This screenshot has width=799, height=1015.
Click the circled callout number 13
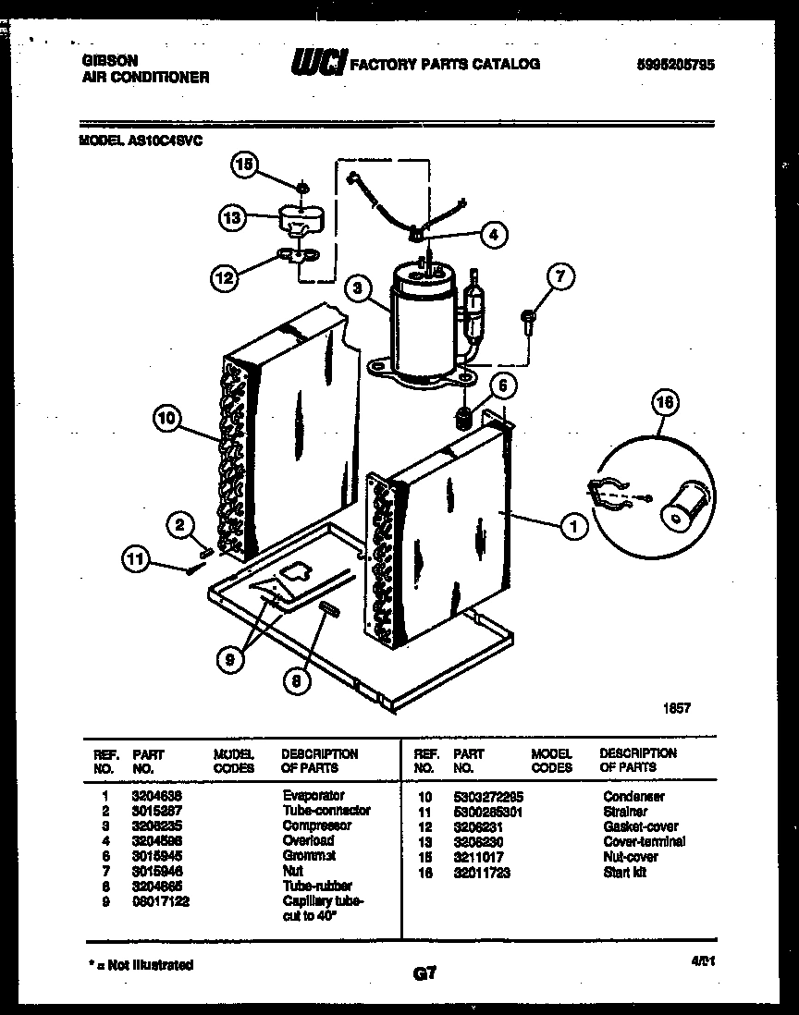coord(232,218)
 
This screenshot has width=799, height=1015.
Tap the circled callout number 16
coord(665,403)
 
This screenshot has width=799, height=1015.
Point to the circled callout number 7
coord(560,275)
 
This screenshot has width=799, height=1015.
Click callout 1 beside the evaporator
coord(573,527)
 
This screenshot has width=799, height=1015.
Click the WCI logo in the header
coord(318,63)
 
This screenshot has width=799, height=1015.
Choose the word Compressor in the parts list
coord(316,825)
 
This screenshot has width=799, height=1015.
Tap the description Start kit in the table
coord(625,872)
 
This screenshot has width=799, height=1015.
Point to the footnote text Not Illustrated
coord(147,964)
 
